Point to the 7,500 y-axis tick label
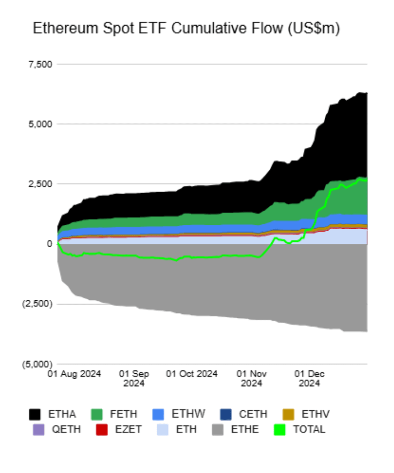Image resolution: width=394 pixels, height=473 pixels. pyautogui.click(x=41, y=64)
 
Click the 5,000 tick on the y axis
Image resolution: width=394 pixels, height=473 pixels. pyautogui.click(x=41, y=124)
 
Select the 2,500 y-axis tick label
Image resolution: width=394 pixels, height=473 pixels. pyautogui.click(x=41, y=184)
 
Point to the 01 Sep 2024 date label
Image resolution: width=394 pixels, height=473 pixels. pyautogui.click(x=134, y=378)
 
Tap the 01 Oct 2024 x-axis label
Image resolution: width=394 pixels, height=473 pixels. pyautogui.click(x=192, y=374)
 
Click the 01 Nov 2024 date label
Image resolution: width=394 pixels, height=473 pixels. pyautogui.click(x=252, y=378)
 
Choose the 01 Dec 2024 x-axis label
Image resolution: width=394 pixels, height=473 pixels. pyautogui.click(x=309, y=378)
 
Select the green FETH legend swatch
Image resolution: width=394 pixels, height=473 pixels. pyautogui.click(x=97, y=415)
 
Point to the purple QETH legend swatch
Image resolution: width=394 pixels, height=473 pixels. pyautogui.click(x=38, y=429)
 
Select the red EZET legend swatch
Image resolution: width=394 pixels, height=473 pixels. pyautogui.click(x=101, y=429)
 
